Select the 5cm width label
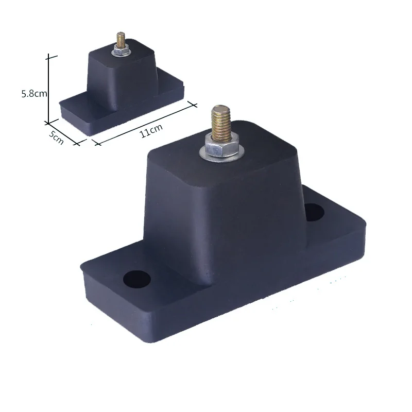pos(57,137)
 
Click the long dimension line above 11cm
pos(144,122)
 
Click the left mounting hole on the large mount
pos(137,279)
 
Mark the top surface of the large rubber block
pos(257,149)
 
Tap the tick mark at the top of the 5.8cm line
pos(48,55)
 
